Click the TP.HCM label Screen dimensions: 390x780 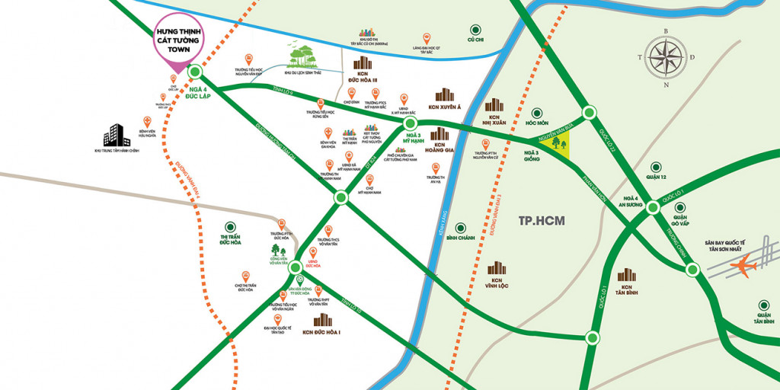(x=540, y=222)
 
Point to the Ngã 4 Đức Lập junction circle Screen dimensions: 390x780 (x=194, y=72)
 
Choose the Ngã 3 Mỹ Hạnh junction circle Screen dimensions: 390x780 (x=411, y=123)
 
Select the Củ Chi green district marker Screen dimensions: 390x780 (x=476, y=29)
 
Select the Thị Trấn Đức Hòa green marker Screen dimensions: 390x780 (x=229, y=227)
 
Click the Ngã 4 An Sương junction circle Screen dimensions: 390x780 (x=653, y=207)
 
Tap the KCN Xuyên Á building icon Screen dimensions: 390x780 (x=444, y=96)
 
